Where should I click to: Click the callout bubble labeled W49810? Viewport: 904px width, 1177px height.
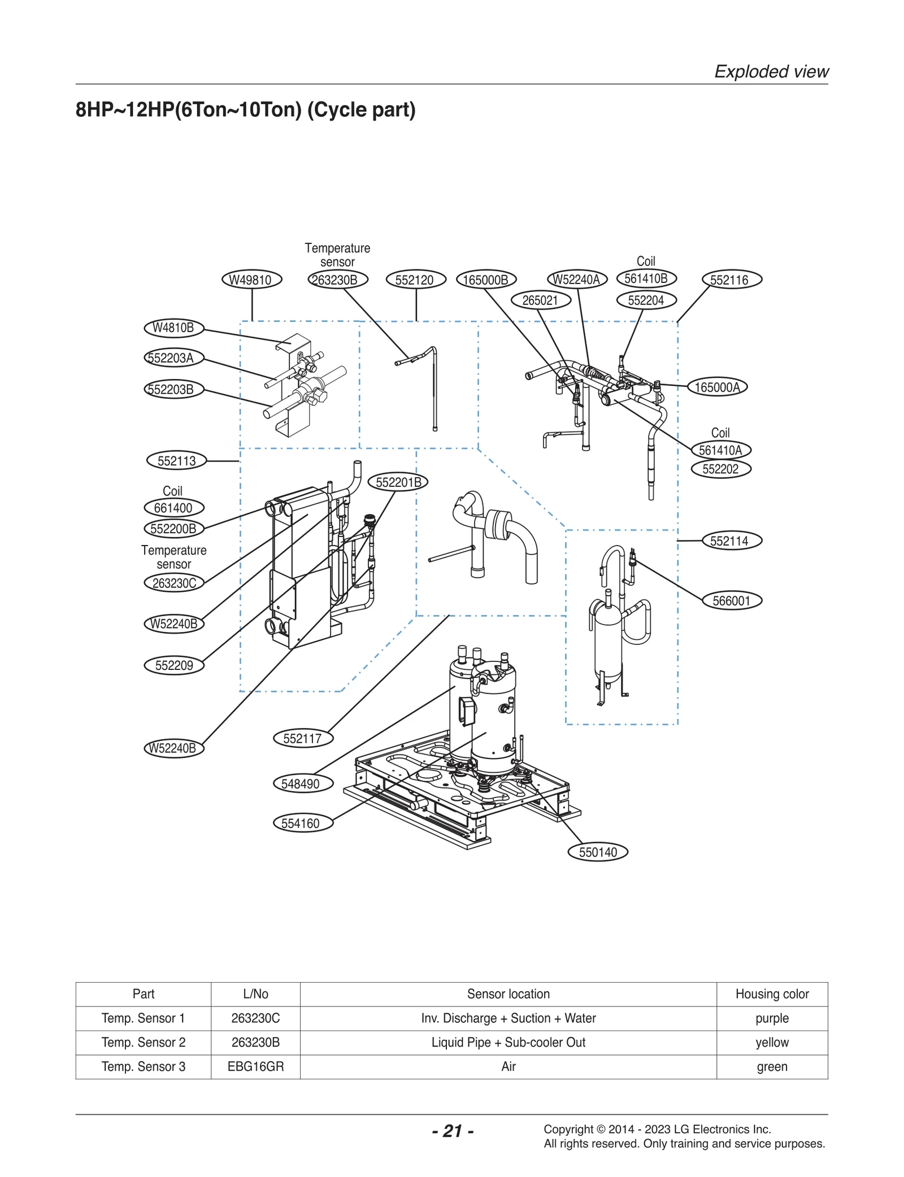point(251,280)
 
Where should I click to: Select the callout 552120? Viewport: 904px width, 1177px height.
point(416,280)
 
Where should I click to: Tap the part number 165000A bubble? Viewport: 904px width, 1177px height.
point(717,387)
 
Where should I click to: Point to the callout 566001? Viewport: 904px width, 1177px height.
point(732,600)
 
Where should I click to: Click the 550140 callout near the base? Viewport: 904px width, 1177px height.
point(598,852)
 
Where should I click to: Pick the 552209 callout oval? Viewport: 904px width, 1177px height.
point(174,665)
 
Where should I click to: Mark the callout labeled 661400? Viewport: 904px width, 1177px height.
point(173,508)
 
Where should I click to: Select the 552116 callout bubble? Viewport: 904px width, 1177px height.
point(732,280)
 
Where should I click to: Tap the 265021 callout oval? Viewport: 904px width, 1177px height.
point(540,300)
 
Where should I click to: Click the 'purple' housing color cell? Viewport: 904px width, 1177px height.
point(772,1018)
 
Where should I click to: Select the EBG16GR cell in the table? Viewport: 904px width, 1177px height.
point(255,1066)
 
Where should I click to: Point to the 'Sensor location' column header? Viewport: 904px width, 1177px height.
point(508,994)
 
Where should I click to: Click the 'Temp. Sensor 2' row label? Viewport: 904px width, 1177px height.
point(144,1042)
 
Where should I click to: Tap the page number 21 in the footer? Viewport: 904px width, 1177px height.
point(453,1131)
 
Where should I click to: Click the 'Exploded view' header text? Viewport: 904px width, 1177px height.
point(771,72)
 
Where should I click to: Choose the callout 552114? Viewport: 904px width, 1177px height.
point(732,540)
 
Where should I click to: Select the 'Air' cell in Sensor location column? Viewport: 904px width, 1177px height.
point(508,1066)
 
